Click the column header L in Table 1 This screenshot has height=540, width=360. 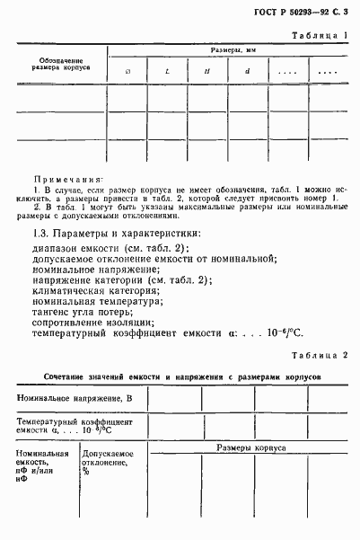166,71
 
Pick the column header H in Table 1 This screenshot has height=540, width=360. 206,71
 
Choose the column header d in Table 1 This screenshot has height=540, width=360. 247,71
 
